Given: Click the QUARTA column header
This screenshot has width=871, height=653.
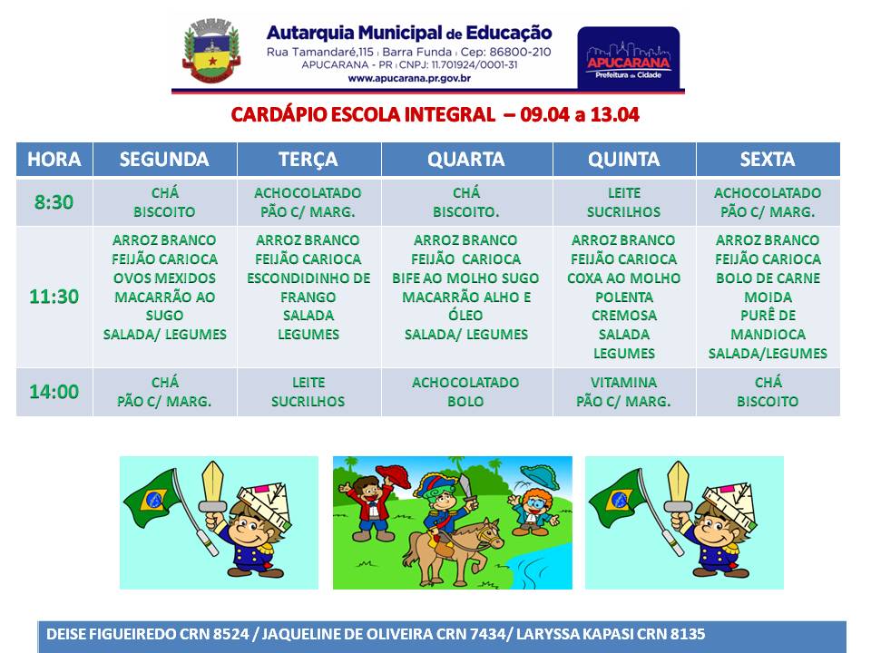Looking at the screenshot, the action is [x=466, y=160].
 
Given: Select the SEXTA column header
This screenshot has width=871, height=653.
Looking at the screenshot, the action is [x=768, y=160].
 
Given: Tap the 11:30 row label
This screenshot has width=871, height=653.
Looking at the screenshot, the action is [x=54, y=297].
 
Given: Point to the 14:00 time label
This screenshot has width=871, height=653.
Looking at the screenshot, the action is [x=54, y=392].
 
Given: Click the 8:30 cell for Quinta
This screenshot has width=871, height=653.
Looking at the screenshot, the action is [x=624, y=202].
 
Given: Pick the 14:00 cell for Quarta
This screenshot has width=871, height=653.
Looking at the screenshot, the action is [x=466, y=392].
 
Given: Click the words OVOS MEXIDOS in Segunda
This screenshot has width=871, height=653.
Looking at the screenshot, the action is [x=164, y=278].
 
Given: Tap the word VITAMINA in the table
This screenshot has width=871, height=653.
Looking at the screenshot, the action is [x=624, y=383].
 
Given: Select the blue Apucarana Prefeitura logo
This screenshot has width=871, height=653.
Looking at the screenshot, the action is [x=628, y=58].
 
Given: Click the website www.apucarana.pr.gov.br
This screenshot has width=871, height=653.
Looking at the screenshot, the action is [x=409, y=78].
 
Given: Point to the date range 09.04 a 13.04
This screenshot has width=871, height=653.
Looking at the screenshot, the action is [x=580, y=115].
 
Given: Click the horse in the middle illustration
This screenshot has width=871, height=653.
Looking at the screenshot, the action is [x=451, y=550].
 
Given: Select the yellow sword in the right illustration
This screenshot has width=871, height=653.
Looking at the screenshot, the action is [x=679, y=488].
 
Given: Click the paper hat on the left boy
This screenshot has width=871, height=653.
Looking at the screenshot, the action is [x=264, y=502].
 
